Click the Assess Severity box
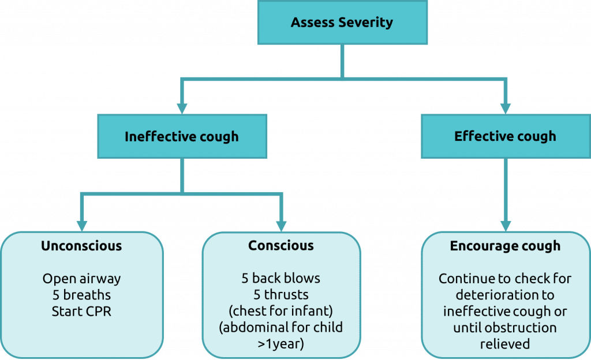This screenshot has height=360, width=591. point(342,22)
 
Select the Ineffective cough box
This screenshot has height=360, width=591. point(182,136)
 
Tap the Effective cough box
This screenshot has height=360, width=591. point(506,136)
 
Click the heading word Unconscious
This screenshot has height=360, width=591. point(81,246)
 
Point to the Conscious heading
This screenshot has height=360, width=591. point(281,246)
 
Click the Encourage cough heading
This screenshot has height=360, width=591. point(505,246)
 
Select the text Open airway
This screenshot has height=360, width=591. point(81,279)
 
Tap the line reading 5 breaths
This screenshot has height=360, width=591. point(81,295)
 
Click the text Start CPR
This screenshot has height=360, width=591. point(81,312)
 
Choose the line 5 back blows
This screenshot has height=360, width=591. point(281,278)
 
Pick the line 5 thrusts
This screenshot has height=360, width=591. point(281,294)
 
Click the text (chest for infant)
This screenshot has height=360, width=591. point(281,311)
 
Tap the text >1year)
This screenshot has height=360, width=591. point(281,344)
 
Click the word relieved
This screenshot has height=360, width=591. point(505,344)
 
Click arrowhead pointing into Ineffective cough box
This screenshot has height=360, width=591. point(182,108)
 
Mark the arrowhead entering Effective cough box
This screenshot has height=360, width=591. point(506,108)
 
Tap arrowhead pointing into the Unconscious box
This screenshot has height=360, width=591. point(82,226)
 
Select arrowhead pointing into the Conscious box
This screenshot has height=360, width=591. point(281,226)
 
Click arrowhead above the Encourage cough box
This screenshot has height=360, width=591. point(506,226)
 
